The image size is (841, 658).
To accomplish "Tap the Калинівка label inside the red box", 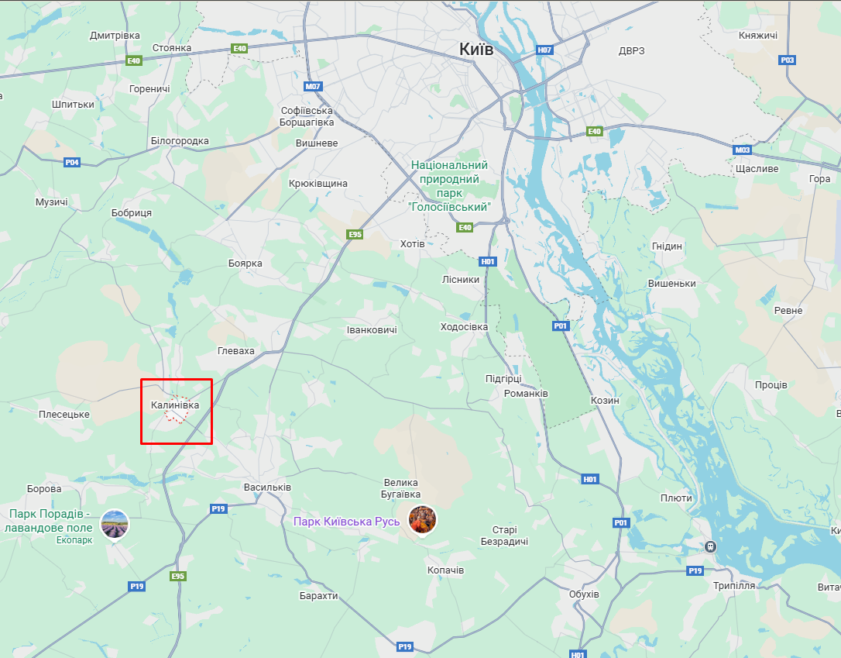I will click(x=175, y=405).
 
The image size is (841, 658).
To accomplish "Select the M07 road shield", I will click(x=313, y=87).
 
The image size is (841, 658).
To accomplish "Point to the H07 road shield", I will click(x=544, y=50).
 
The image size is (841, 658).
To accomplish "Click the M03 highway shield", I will click(x=743, y=150).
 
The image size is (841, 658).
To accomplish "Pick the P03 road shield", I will click(x=788, y=60).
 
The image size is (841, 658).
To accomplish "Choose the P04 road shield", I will click(x=72, y=162).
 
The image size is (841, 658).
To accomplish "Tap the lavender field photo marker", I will click(x=115, y=524).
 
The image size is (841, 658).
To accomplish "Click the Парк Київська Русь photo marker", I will click(x=422, y=519).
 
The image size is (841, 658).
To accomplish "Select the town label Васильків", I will click(x=267, y=487).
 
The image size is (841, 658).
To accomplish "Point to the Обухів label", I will click(x=584, y=594).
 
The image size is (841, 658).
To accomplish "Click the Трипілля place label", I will click(x=734, y=586).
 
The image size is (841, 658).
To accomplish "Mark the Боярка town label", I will click(x=245, y=264).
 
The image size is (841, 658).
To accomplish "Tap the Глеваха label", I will click(x=236, y=351).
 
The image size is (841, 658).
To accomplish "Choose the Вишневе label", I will click(x=317, y=143).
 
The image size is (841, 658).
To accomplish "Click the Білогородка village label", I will click(x=180, y=141).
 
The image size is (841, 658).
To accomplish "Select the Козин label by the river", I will click(x=605, y=401).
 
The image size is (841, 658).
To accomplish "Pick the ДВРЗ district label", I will click(x=631, y=51).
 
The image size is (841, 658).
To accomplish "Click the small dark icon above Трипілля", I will click(x=711, y=546).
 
